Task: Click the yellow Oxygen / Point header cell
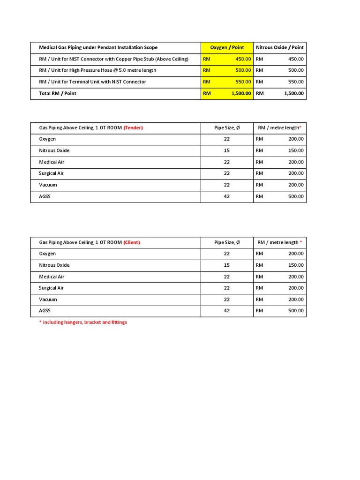pos(227,47)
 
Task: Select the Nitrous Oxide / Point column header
pos(279,47)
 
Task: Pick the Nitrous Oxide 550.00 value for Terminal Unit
pos(295,82)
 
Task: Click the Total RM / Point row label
pos(57,93)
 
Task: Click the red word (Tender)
pos(133,128)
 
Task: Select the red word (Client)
pos(132,242)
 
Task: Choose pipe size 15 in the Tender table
pos(227,150)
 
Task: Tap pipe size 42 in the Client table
pos(227,311)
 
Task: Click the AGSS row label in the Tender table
pos(45,196)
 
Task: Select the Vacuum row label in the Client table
pos(48,300)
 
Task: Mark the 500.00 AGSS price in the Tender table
pos(295,196)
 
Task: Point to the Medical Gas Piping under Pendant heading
pos(98,47)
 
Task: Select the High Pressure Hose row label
pos(97,70)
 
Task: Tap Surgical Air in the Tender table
pos(51,173)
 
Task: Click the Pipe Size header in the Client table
pos(227,242)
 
